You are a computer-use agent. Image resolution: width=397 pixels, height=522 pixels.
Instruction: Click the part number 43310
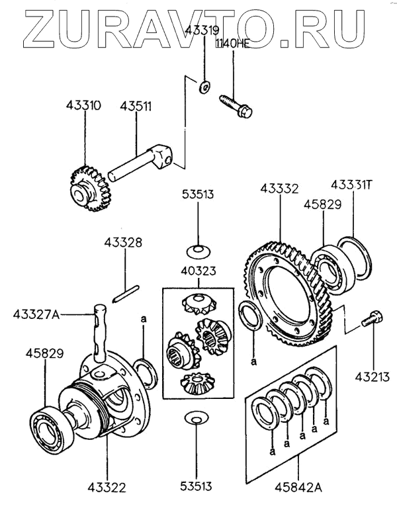point(83,105)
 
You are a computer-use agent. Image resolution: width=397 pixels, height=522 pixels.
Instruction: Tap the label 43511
point(135,105)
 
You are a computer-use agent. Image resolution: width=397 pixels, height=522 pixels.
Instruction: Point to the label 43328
point(122,243)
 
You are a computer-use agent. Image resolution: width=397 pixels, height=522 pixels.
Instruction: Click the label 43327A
point(37,314)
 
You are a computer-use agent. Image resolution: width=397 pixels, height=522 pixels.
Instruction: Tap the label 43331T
point(352,184)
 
